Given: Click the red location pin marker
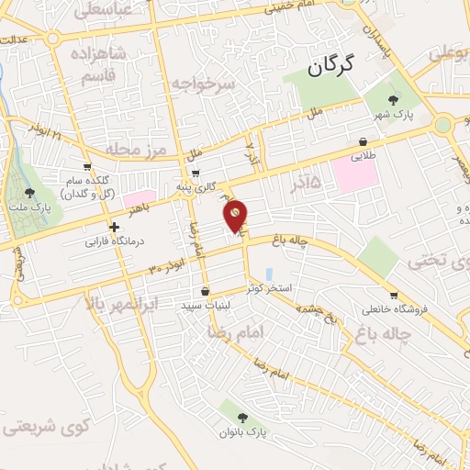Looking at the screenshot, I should coord(236,215).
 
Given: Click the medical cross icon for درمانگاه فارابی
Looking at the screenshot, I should coord(114,227).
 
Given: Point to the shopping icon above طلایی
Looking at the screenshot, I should coord(364,142).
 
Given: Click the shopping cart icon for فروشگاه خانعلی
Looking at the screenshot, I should coord(394,296).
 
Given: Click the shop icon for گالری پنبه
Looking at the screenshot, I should coord(196,173).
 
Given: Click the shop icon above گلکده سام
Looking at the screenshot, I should coord(87,167).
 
